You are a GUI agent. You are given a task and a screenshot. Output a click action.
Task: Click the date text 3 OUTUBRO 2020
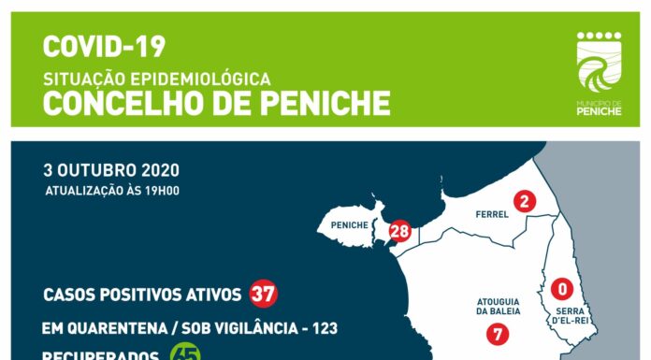coord(111,171)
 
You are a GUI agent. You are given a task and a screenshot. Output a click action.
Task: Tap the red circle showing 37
coord(263,295)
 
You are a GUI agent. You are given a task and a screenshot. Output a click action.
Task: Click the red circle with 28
coord(400,231)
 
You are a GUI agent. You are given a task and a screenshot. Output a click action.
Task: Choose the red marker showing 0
coord(562,288)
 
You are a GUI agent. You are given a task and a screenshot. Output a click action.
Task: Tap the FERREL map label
coord(491,214)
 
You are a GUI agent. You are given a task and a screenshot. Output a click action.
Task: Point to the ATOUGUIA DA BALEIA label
coord(497,306)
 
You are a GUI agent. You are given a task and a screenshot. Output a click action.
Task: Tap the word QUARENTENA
coord(108,328)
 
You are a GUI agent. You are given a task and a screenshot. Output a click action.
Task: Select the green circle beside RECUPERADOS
coord(184,354)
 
